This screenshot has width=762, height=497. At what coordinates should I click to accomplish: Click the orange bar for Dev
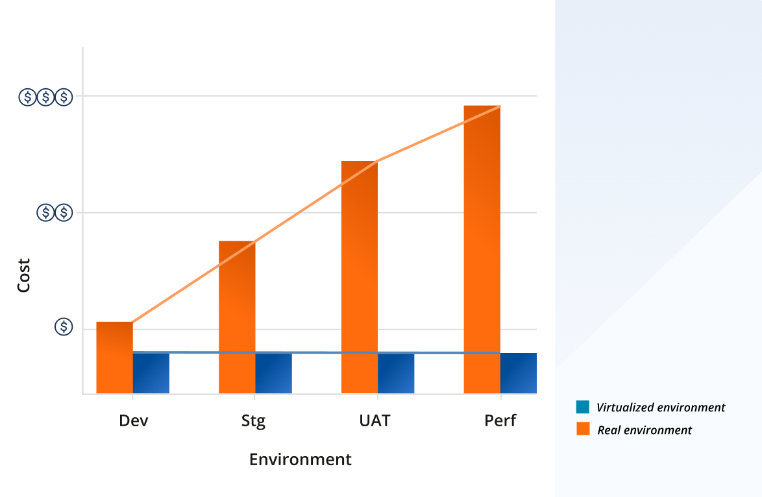[114, 358]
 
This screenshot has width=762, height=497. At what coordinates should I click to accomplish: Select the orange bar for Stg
[237, 317]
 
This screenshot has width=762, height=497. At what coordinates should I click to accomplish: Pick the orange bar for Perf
[482, 250]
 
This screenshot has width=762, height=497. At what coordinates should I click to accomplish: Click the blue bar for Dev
[151, 373]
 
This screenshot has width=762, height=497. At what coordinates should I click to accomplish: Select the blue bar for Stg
[273, 373]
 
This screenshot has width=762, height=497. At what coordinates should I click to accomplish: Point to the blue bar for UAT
[396, 373]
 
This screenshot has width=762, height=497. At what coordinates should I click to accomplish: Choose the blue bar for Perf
[518, 373]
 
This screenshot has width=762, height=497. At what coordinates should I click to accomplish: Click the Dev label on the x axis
[134, 420]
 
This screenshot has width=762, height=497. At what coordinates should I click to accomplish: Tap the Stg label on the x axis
[253, 421]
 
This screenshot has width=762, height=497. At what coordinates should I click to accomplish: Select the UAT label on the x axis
[375, 420]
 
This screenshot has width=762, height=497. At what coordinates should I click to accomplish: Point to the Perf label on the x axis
[500, 420]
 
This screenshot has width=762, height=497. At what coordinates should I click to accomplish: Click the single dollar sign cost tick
[63, 327]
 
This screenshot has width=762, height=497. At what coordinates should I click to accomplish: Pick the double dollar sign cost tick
[55, 212]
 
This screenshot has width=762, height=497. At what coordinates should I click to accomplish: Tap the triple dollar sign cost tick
[45, 97]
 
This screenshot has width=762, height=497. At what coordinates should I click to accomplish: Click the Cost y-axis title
[23, 275]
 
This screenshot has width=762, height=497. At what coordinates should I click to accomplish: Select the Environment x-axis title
[300, 459]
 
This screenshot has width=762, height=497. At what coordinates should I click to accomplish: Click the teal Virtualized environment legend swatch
[583, 407]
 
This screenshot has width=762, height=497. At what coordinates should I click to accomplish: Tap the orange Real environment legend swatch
[583, 428]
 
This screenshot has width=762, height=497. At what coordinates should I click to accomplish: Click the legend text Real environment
[645, 430]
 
